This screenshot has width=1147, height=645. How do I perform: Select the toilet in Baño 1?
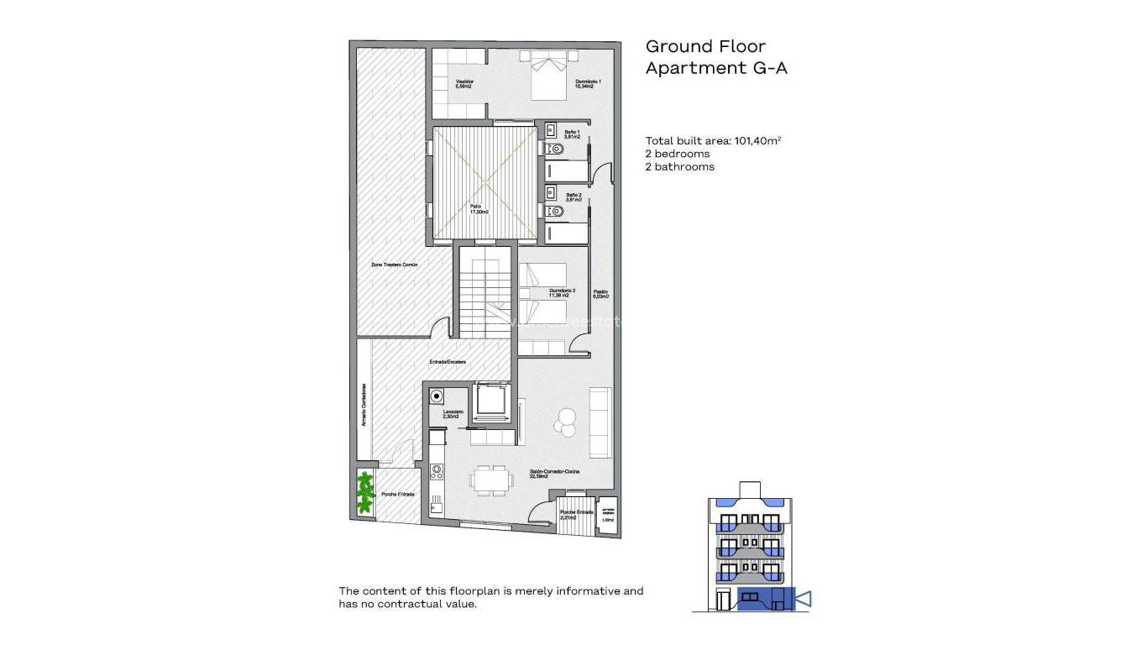pos(555,150)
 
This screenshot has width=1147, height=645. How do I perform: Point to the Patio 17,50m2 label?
pos(479,209)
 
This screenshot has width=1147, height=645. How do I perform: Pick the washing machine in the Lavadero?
pos(437,396)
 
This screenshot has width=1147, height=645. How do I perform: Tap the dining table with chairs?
pos(490,480)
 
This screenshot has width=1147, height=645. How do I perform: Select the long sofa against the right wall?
pos(600,422)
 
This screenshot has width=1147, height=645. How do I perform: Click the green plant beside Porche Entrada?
pos(365,493)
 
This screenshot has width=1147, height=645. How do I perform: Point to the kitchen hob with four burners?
pos(437,472)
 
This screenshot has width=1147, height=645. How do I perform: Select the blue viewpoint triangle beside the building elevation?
pos(802,599)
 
